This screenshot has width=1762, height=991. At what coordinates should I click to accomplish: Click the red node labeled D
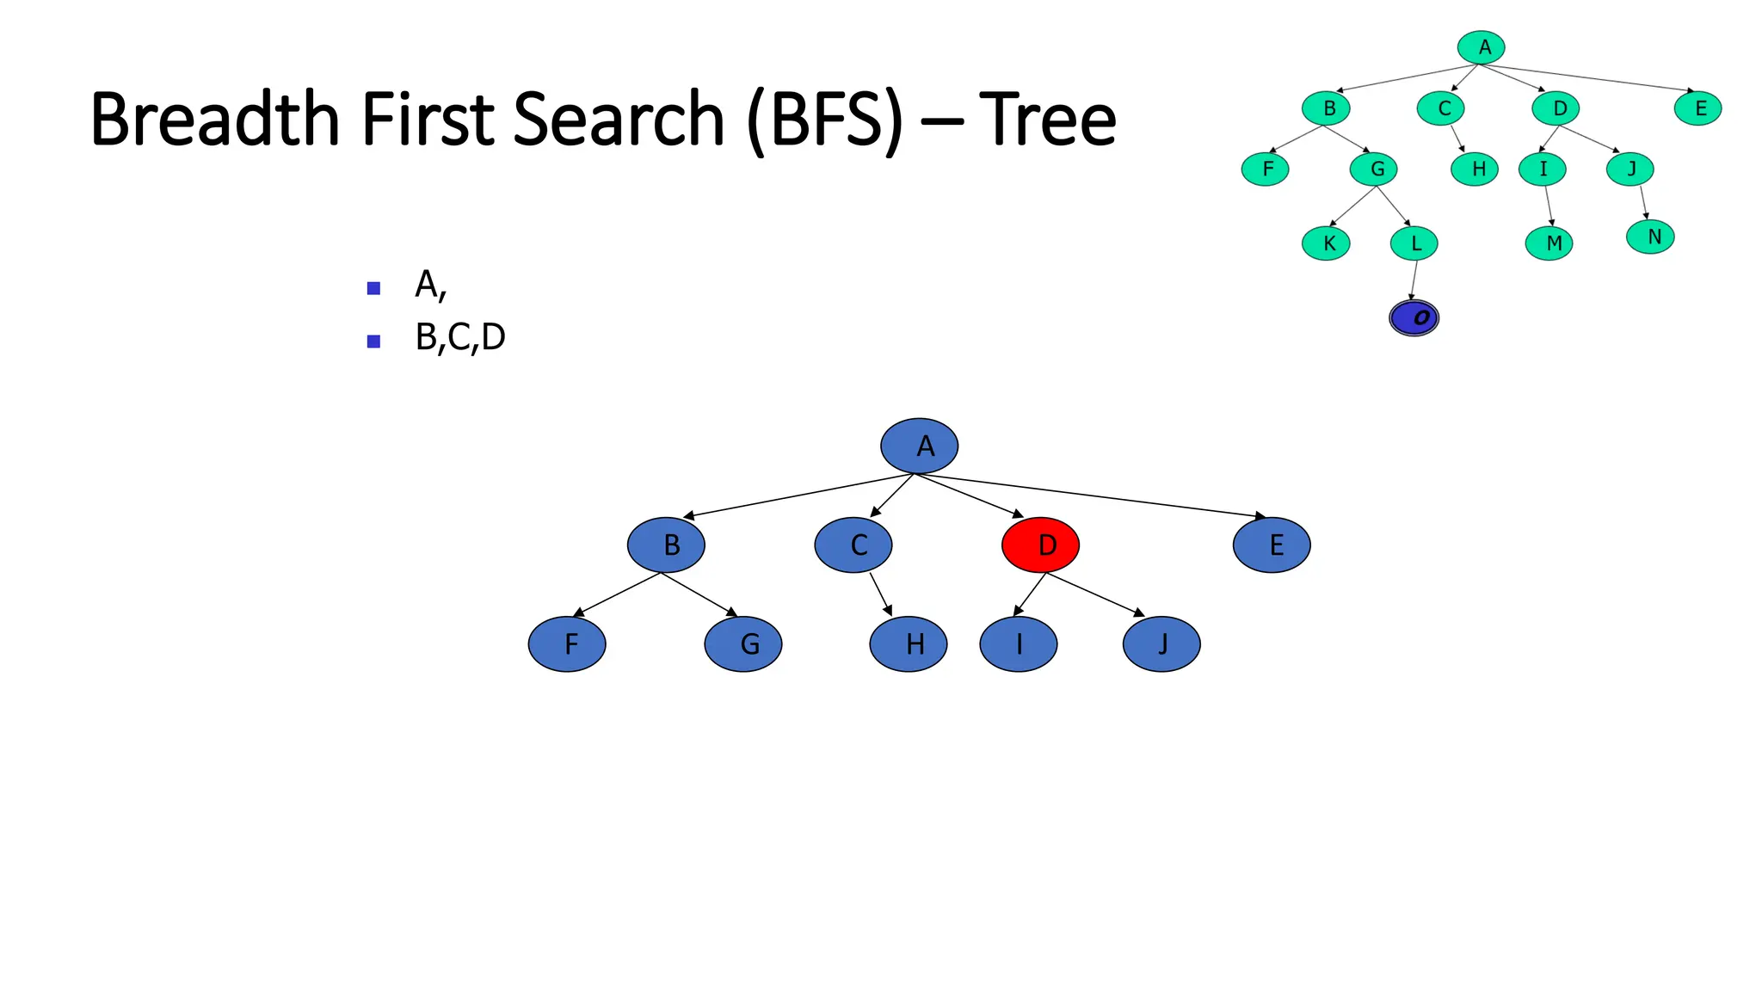coord(1040,545)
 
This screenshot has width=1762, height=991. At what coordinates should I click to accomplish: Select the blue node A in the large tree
coord(919,446)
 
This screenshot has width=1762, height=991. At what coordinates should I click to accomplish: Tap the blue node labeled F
coord(567,644)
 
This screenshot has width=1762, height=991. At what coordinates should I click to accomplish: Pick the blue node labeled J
coord(1161,644)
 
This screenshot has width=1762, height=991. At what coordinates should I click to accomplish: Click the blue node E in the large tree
coord(1272,545)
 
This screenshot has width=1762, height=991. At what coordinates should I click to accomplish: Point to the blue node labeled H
coord(909,644)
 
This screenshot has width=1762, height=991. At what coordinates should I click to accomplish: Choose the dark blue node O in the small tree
coord(1414,318)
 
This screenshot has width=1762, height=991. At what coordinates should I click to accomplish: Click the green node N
coord(1650,237)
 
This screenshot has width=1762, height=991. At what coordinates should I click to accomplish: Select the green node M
coord(1549,243)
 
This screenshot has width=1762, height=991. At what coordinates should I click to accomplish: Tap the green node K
coord(1326,243)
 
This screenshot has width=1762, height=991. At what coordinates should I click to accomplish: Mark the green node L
coord(1414,243)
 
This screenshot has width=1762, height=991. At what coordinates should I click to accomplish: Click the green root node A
coord(1481,47)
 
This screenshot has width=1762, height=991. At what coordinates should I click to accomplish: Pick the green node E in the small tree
coord(1697,108)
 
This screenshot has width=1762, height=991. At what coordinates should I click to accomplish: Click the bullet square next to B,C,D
coord(373,342)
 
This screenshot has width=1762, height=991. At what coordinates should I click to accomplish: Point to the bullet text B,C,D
coord(460,337)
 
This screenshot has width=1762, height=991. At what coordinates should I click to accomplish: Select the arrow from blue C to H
coord(880,594)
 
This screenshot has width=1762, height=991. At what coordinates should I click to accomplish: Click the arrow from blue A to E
coord(1093,495)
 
